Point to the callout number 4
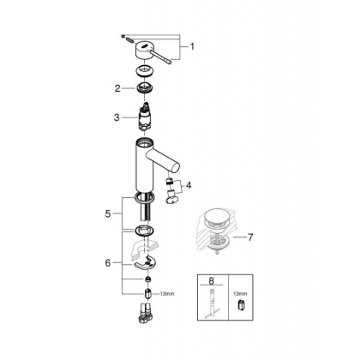pos(189,184)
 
